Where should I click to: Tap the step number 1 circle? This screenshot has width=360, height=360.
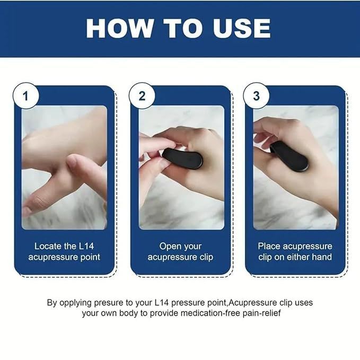tap(25, 96)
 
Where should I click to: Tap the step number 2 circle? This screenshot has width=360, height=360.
tap(142, 96)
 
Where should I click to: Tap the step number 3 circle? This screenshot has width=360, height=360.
tap(256, 96)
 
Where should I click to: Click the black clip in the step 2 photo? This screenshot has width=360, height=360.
tap(182, 157)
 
